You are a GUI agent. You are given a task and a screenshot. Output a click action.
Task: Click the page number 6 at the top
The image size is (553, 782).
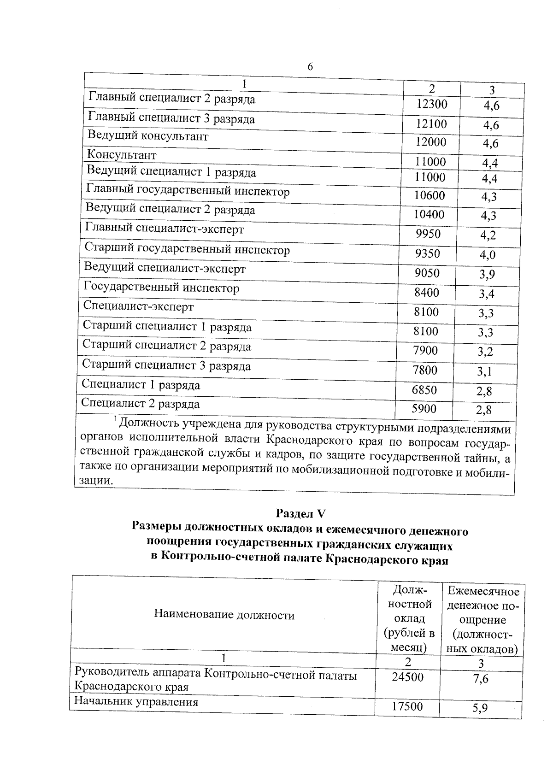click(310, 67)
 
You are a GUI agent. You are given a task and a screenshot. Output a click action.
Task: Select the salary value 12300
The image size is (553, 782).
click(431, 105)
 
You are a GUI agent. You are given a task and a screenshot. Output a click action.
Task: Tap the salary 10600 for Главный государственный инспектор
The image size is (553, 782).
click(429, 196)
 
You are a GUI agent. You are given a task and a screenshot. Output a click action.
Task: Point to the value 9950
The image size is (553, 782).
click(428, 234)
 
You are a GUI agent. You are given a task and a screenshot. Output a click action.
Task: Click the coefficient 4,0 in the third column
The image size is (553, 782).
click(488, 255)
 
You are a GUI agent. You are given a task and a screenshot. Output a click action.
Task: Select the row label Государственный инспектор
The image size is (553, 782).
click(161, 288)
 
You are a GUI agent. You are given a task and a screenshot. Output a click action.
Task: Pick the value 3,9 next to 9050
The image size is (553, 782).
click(487, 275)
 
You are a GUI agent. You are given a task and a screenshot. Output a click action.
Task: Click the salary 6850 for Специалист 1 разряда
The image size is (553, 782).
click(424, 390)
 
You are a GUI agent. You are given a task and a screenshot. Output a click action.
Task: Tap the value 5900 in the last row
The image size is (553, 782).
click(424, 409)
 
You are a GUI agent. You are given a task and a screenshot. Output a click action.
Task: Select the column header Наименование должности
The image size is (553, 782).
click(224, 615)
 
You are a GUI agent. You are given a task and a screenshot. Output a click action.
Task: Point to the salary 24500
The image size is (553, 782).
click(407, 677)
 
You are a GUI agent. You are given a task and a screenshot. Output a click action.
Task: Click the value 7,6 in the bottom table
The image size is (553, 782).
click(481, 679)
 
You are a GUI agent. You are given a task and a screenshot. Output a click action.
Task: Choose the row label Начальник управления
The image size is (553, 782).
click(136, 702)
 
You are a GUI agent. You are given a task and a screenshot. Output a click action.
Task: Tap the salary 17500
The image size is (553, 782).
click(407, 707)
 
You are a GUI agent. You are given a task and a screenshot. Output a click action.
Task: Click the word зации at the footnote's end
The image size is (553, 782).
click(95, 481)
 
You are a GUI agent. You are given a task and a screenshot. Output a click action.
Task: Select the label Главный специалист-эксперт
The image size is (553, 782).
click(165, 229)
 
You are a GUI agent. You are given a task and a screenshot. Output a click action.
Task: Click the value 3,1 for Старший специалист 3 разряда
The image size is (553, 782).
click(485, 371)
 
